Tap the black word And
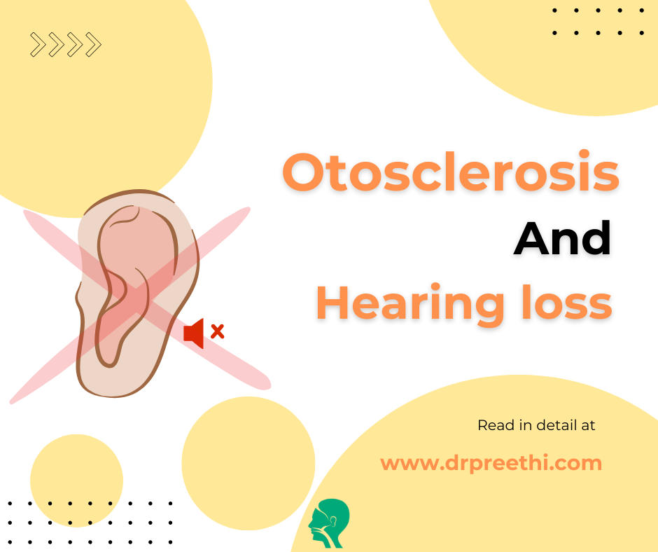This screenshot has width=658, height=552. click(x=562, y=239)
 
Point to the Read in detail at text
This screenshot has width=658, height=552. click(x=536, y=425)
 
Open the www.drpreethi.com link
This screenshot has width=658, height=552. click(x=491, y=463)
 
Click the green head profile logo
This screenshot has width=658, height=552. click(x=330, y=523)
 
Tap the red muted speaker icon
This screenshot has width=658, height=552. click(x=194, y=333)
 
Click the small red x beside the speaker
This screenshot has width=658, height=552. click(x=218, y=331)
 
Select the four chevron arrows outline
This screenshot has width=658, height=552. click(x=66, y=45)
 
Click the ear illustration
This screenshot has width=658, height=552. click(x=133, y=287)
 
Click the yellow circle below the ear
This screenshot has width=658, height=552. click(x=248, y=463)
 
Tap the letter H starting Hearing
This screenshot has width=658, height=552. click(x=332, y=304)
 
